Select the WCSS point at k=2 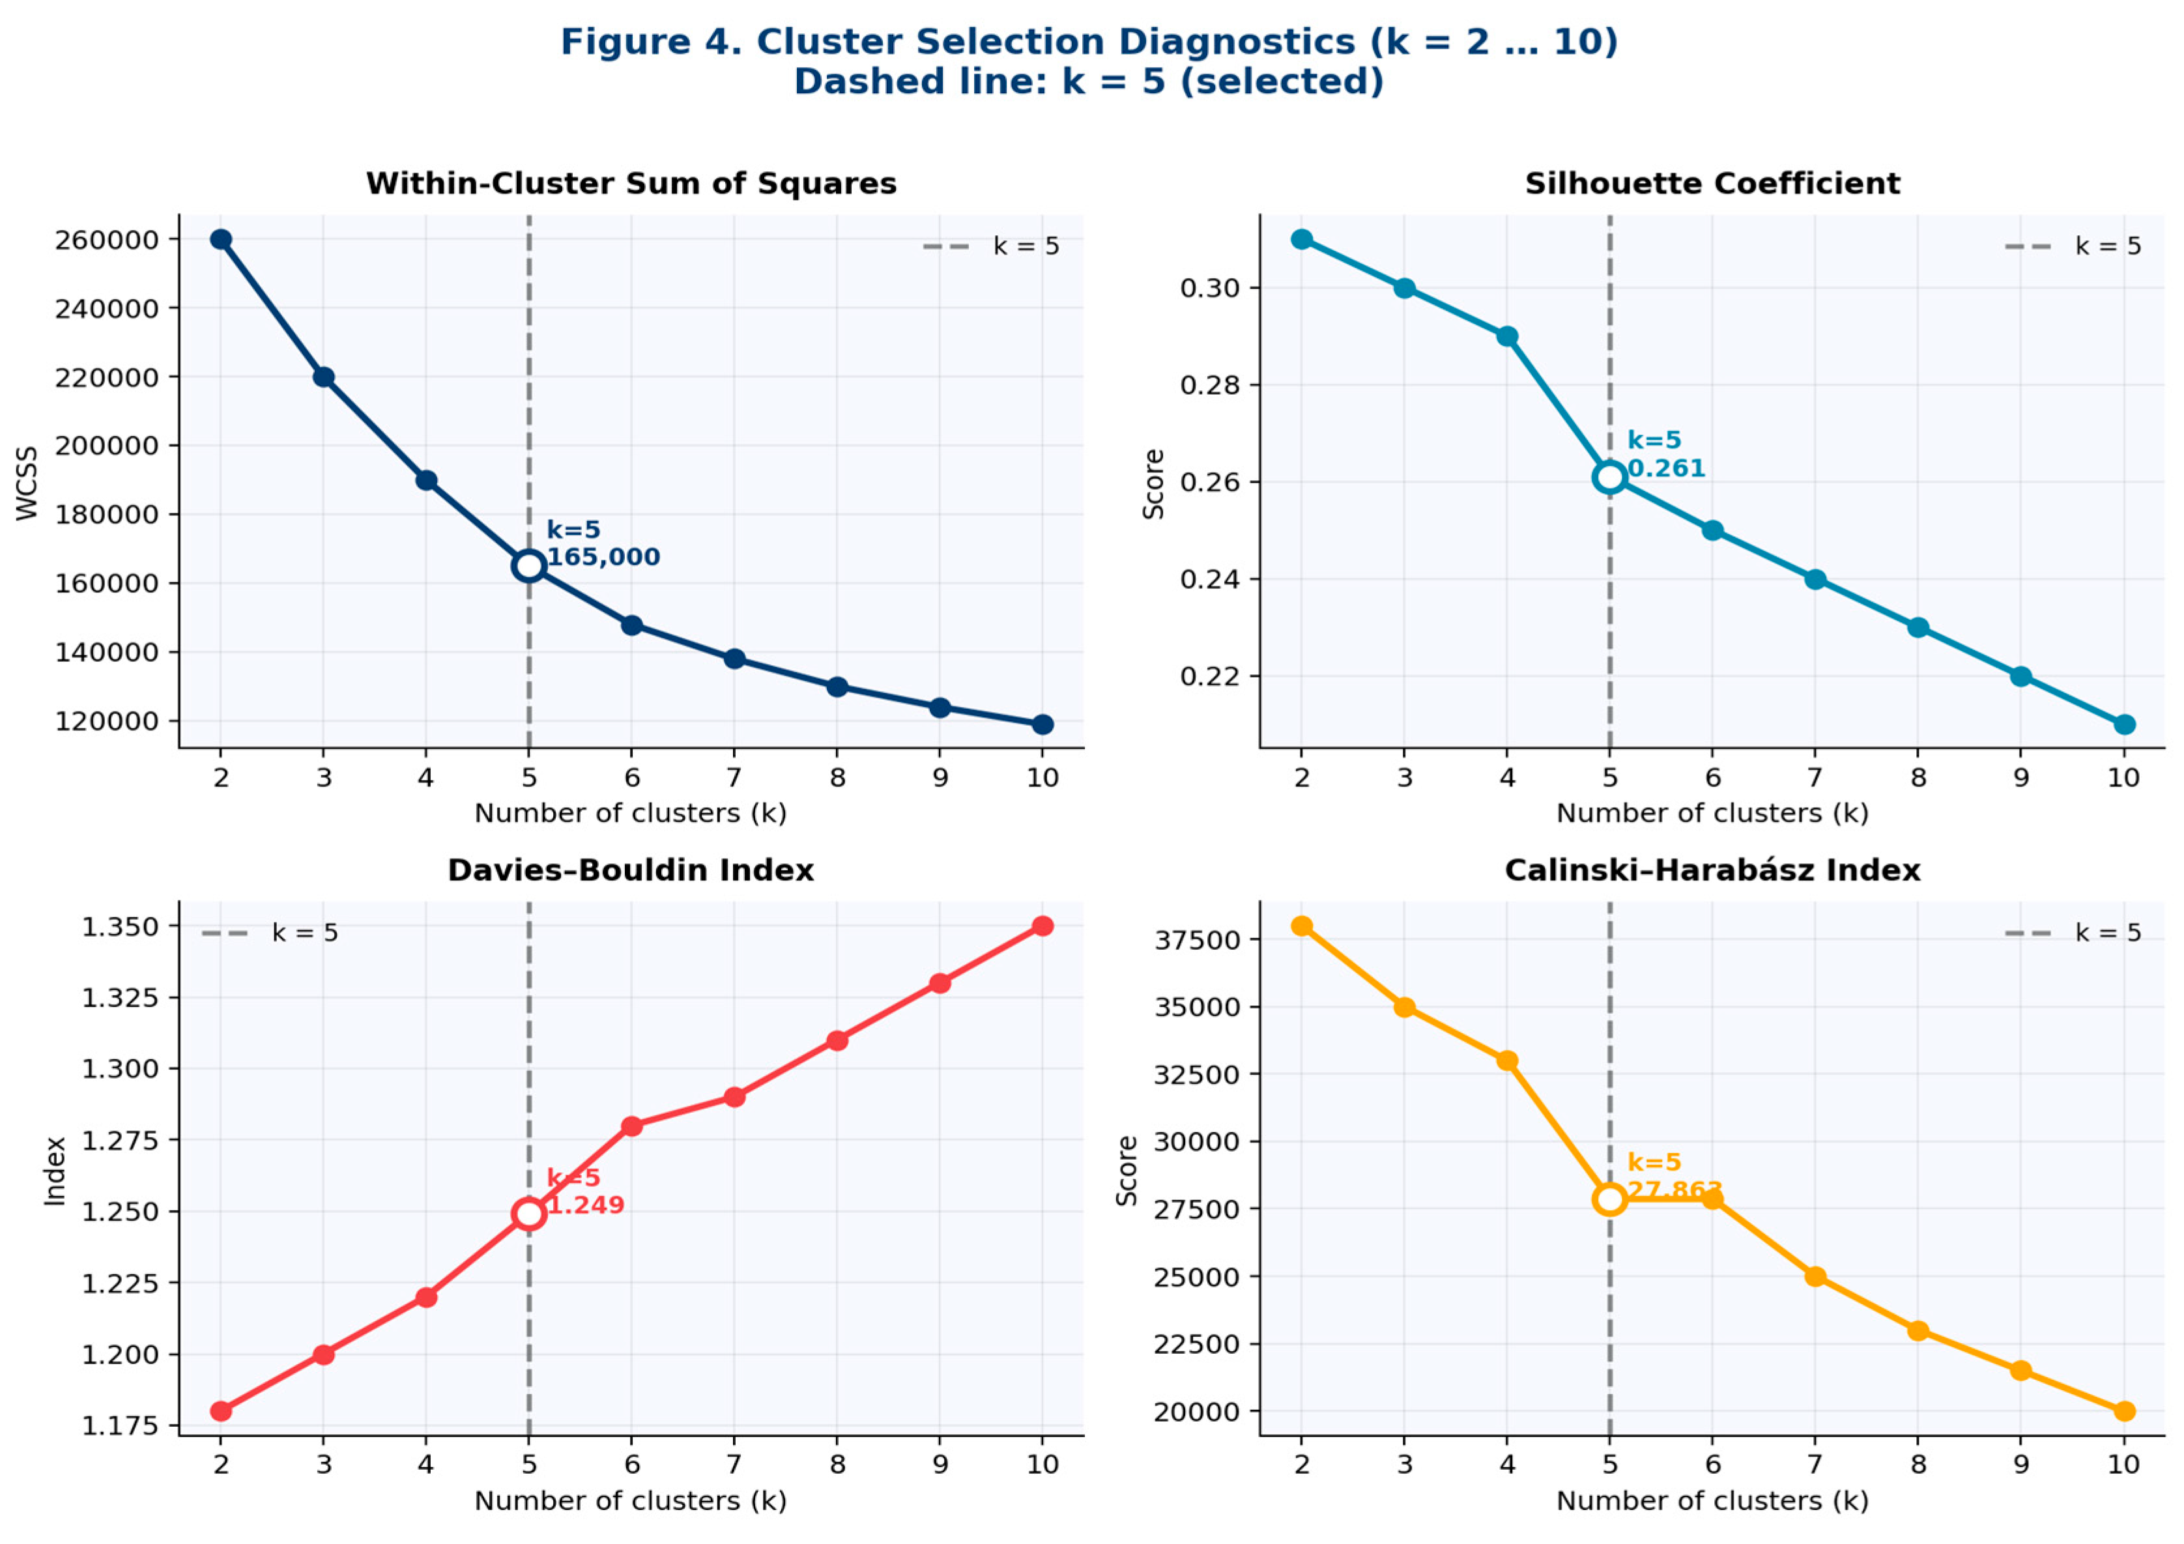click(x=221, y=240)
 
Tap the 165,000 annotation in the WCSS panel click(x=603, y=558)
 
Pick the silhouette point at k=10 click(x=2124, y=725)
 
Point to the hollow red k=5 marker click(x=529, y=1214)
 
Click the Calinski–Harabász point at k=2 click(x=1301, y=926)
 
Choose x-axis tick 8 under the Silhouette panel click(x=1918, y=778)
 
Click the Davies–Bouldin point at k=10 click(x=1042, y=926)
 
